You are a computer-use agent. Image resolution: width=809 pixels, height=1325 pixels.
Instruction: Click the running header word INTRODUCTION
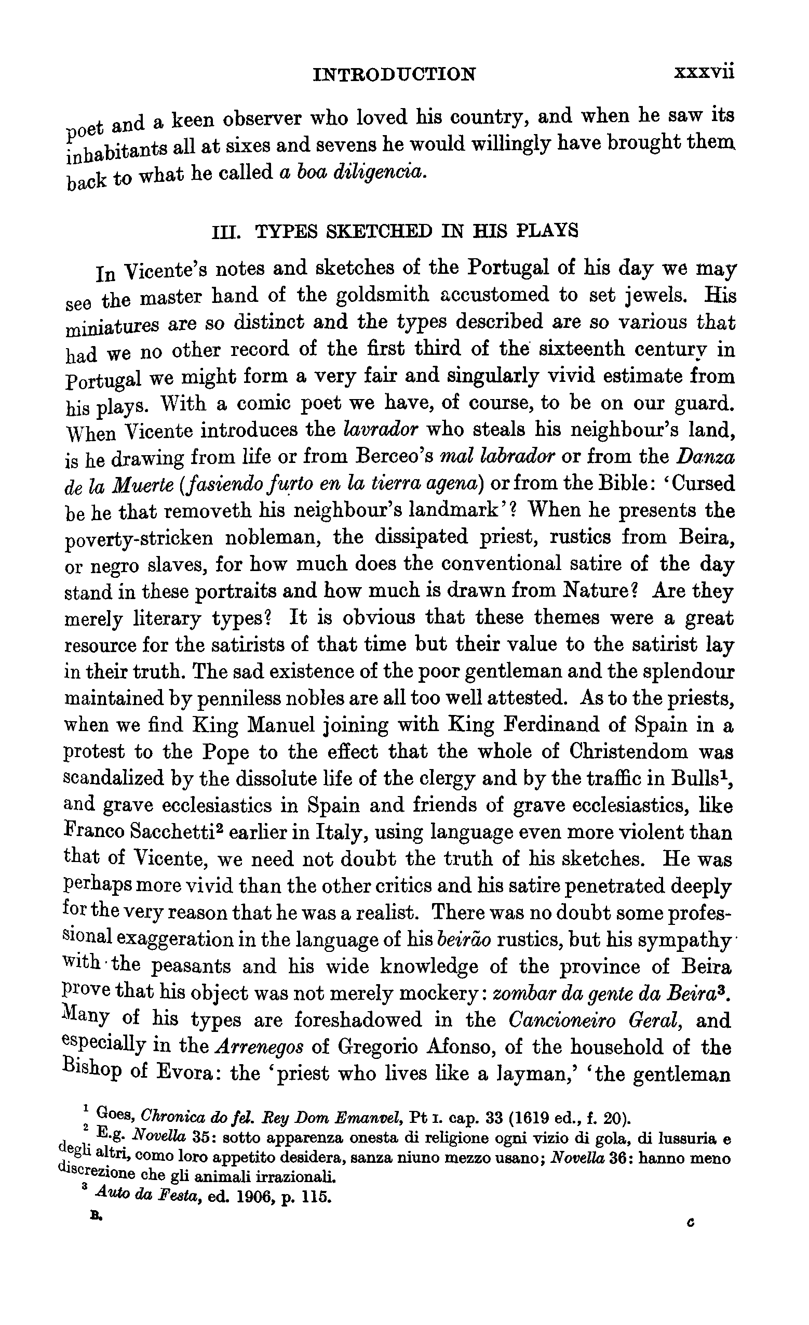coord(394,74)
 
